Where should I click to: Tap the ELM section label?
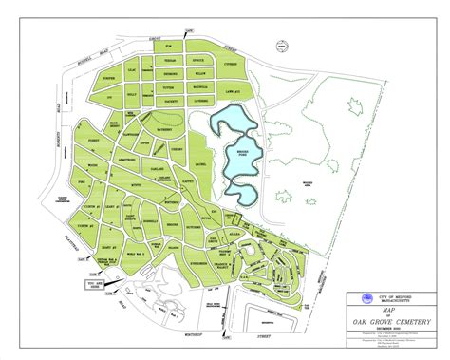[x=168, y=47]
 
